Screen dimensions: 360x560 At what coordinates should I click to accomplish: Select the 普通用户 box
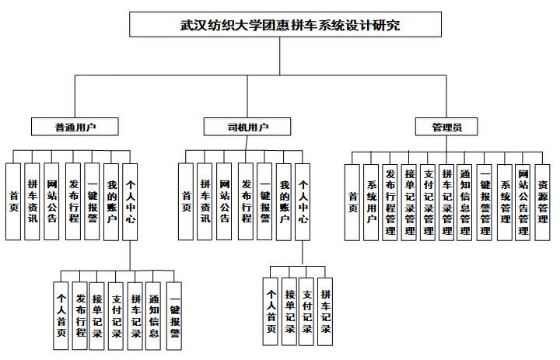[75, 126]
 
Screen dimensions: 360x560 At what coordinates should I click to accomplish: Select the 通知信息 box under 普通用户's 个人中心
[154, 316]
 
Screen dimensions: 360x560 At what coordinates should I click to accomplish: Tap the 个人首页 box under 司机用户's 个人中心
[271, 311]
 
